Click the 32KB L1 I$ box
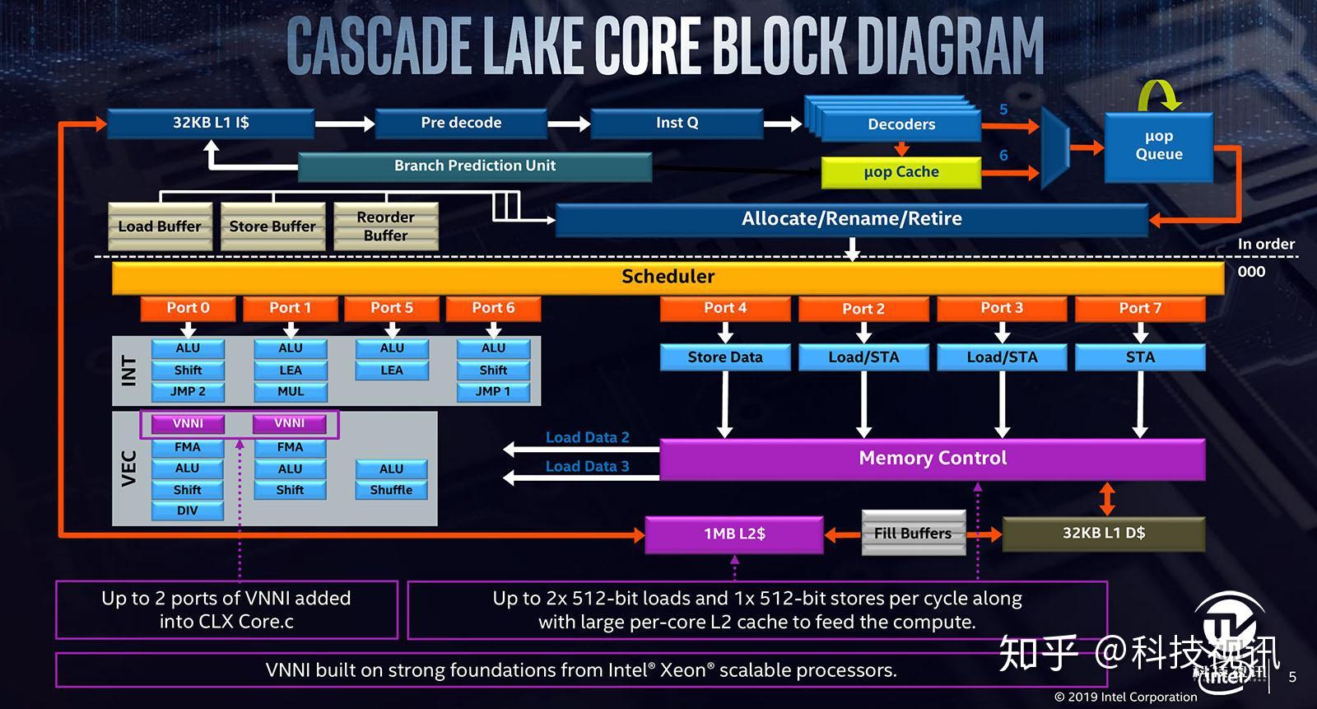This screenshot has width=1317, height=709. pos(211,124)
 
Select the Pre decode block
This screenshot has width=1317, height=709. pos(461,124)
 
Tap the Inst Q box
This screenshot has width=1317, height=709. pos(677,124)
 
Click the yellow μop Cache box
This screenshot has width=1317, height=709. pos(900,172)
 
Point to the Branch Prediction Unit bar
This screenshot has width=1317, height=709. pos(474,166)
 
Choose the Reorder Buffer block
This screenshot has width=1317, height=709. pos(385,226)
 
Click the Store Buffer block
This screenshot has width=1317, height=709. pos(272,226)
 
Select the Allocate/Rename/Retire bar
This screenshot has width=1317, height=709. pos(851,219)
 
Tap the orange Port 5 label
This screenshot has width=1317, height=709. pos(392,308)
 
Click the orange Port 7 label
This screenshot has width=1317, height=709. pos(1140,309)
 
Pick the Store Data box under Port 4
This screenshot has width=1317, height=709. pos(725,357)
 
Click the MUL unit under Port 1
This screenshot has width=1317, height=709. pos(291,391)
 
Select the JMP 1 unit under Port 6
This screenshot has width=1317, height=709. pos(493,391)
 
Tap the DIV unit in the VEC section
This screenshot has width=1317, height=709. pos(188,511)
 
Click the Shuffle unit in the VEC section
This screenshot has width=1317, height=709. pos(391,490)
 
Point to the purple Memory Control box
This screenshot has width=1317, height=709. pos(933,459)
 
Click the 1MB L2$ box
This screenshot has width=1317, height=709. pos(734,534)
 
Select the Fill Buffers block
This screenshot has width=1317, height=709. pos(913,534)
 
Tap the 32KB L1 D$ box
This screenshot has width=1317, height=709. pos(1103,534)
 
